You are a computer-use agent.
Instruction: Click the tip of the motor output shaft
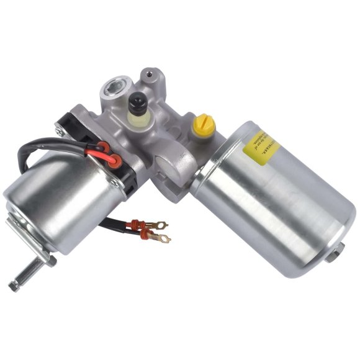click(14, 285)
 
